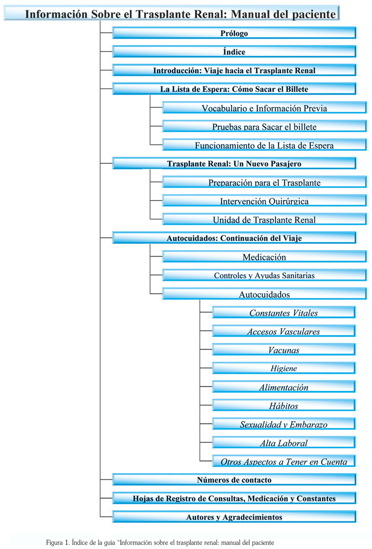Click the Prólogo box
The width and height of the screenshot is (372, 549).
point(234,33)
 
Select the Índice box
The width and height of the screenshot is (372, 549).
point(234,52)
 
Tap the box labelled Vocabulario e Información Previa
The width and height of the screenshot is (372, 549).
point(264,108)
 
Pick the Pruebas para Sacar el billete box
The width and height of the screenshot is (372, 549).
point(264,126)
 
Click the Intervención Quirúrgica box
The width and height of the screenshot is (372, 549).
point(264,201)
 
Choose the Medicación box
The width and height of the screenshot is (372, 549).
point(264,257)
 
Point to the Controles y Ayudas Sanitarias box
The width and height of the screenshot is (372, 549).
point(264,275)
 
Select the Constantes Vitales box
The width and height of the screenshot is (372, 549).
point(284,312)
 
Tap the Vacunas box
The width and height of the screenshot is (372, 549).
point(284,350)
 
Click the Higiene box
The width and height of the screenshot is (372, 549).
point(284,368)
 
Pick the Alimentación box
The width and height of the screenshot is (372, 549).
point(284,387)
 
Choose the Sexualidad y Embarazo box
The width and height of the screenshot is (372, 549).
point(284,424)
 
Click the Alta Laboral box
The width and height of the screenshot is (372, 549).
point(284,442)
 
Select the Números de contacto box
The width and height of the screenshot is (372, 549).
point(234,480)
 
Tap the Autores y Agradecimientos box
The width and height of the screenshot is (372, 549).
point(234,517)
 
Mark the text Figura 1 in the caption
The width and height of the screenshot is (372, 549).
point(58,543)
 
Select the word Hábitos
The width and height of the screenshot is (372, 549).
point(284,406)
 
